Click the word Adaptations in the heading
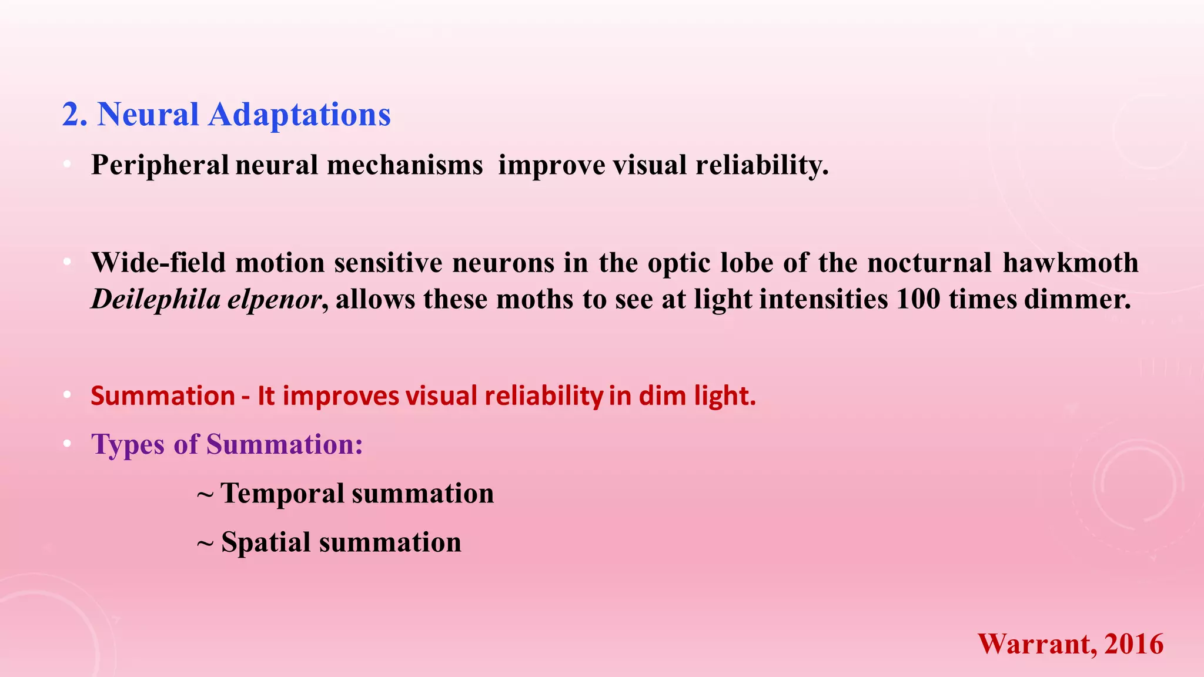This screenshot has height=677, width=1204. tap(299, 115)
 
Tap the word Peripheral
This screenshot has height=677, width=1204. tap(160, 166)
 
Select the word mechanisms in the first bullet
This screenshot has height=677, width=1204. tap(404, 166)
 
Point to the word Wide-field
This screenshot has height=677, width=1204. tap(158, 263)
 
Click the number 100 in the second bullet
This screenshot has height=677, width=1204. tap(918, 300)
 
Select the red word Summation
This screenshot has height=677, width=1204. tap(163, 396)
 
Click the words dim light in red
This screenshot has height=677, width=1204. tap(697, 396)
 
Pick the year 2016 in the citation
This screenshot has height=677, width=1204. tap(1134, 644)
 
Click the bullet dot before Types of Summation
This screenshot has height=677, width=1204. tap(68, 444)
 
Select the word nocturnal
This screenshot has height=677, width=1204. tap(929, 263)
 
